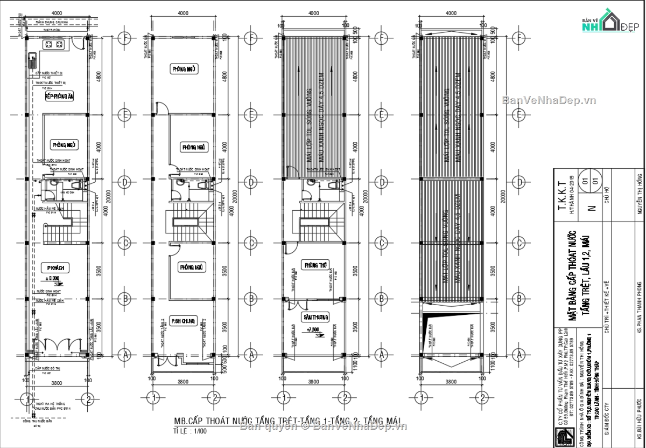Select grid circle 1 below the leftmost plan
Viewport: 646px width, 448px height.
[25, 399]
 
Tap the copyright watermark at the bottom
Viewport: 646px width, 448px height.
[323, 427]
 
